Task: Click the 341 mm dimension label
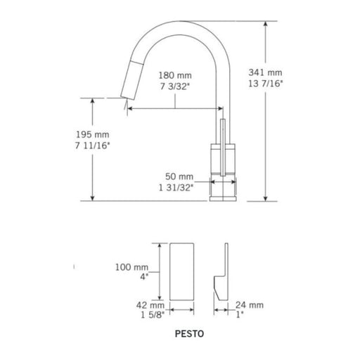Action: tap(265, 72)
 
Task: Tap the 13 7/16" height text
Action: tap(266, 84)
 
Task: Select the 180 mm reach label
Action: tap(175, 75)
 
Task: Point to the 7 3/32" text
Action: tap(174, 86)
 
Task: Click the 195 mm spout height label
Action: tap(93, 135)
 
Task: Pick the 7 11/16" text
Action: tap(92, 146)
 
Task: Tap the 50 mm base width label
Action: tap(179, 176)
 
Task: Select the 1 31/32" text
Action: tap(176, 188)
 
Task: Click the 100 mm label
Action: tap(131, 267)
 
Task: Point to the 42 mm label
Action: tap(150, 305)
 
